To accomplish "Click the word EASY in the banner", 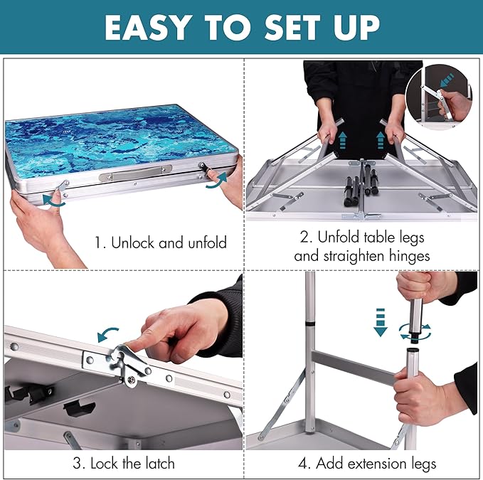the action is tap(147, 28).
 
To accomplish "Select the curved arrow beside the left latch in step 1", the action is tap(54, 201).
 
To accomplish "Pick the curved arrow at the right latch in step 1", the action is tap(217, 181).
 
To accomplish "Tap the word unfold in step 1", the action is tap(207, 242).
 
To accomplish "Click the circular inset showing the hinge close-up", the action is tap(439, 97).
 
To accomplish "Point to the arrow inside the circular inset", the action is tap(447, 80).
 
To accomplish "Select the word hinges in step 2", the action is tap(410, 257).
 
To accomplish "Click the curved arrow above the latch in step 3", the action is tap(107, 334).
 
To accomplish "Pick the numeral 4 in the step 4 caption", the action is tap(302, 464).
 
